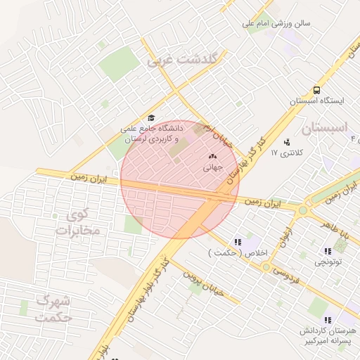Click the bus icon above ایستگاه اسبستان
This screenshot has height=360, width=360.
click(316, 90)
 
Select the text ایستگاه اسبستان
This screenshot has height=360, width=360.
click(317, 101)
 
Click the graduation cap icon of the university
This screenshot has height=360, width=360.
click(150, 118)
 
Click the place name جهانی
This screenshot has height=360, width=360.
click(212, 167)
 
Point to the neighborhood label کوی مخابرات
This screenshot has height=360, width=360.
click(79, 223)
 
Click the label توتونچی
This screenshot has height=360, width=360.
click(328, 262)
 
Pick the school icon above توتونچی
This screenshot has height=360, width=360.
click(328, 251)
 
